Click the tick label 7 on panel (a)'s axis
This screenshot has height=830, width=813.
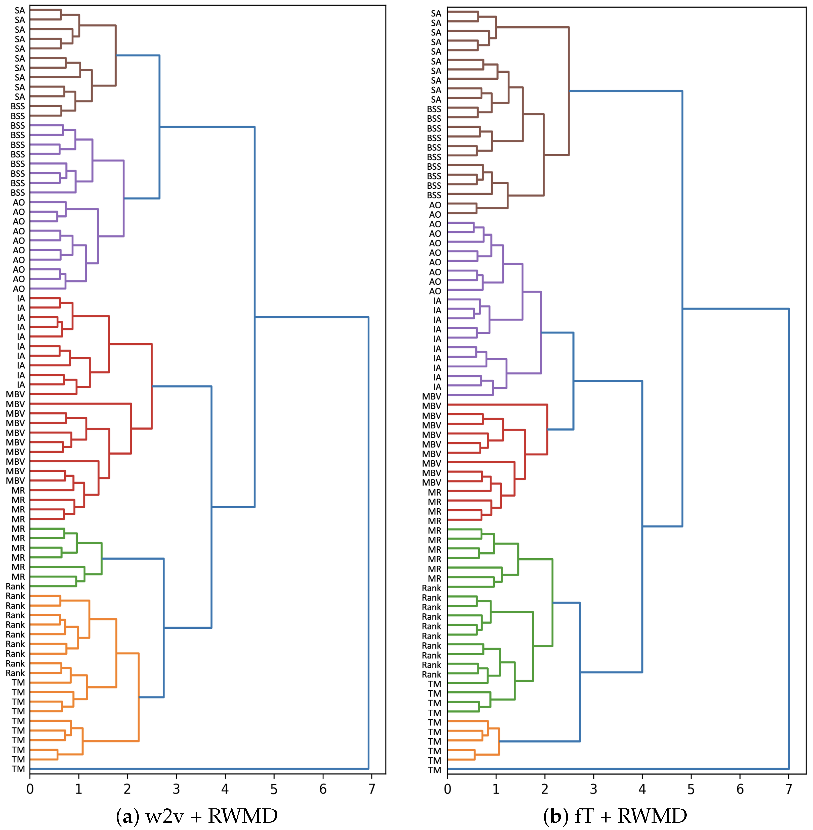point(371,789)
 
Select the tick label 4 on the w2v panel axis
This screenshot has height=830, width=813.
point(225,789)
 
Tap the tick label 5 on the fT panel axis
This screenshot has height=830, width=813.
point(691,789)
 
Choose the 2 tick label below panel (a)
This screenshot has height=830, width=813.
point(127,789)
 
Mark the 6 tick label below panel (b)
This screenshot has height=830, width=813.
point(740,789)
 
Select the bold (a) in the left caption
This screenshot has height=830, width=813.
point(127,816)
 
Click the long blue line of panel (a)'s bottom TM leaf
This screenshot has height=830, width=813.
point(196,768)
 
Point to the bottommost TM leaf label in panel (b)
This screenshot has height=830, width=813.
point(435,770)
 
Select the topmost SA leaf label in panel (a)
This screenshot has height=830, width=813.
point(20,10)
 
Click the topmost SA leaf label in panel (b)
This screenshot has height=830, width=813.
point(436,14)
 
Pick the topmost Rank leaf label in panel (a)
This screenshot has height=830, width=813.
point(15,586)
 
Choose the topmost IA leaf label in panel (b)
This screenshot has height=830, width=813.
point(437,301)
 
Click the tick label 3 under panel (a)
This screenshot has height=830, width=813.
point(176,789)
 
